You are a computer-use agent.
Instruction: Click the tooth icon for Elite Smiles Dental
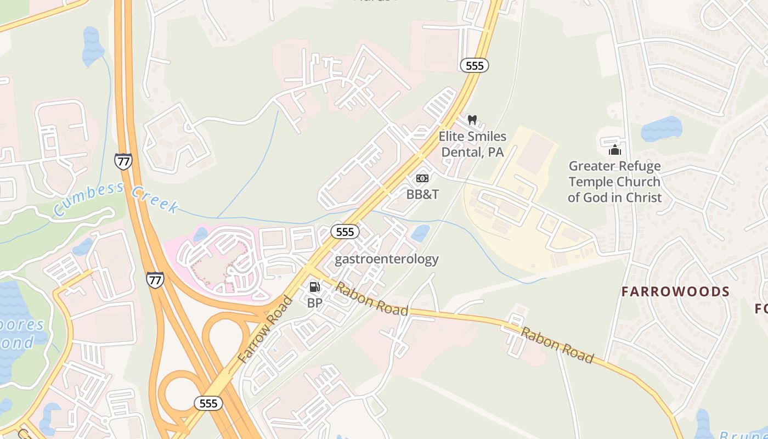tap(472, 120)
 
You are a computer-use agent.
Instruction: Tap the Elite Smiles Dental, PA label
tap(472, 144)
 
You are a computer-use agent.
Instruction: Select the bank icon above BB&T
tap(422, 178)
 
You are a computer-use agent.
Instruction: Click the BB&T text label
tap(422, 194)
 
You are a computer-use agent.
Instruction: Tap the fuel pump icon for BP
tap(314, 286)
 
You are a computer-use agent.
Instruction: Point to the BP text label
tap(314, 302)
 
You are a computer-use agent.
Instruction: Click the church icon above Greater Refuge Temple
tap(614, 150)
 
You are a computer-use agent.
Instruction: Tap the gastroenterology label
tap(386, 258)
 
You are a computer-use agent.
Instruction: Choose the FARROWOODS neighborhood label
tap(675, 291)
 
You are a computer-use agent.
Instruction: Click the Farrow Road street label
tap(266, 329)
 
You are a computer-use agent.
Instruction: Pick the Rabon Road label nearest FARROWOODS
tap(557, 345)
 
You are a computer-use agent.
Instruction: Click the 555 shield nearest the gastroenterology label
tap(345, 232)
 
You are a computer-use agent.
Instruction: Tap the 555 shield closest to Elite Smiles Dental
tap(474, 66)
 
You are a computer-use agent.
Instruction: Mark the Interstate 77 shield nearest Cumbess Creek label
tap(123, 161)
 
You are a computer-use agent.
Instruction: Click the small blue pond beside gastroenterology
tap(421, 233)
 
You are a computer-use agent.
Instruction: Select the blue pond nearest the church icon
tap(661, 128)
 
